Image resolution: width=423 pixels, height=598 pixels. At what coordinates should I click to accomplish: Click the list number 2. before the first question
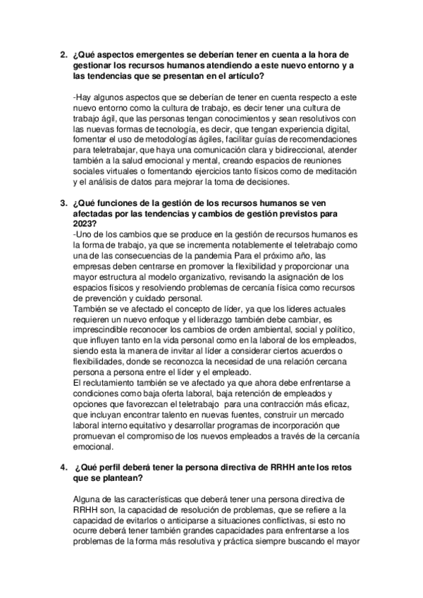(63, 54)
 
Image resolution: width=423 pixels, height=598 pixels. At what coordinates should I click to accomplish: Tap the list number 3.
(63, 203)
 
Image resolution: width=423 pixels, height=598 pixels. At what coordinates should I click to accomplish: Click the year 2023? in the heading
(86, 224)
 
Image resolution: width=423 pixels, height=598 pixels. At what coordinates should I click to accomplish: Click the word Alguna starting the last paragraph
(89, 499)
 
